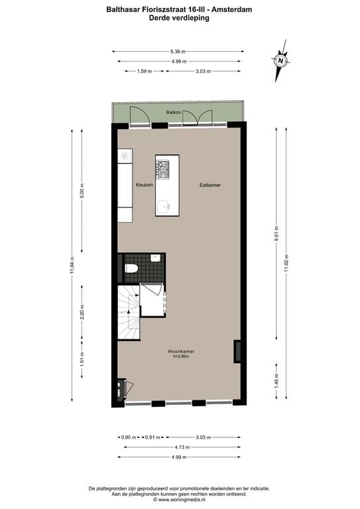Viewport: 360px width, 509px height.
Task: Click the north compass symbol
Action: (281, 62)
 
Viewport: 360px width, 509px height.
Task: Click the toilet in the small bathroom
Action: (131, 268)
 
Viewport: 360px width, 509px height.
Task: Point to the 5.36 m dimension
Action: (178, 51)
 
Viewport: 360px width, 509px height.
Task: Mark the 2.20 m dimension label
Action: (82, 312)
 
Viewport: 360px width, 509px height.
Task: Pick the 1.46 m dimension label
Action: (276, 382)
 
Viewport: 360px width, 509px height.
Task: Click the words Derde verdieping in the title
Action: (179, 19)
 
